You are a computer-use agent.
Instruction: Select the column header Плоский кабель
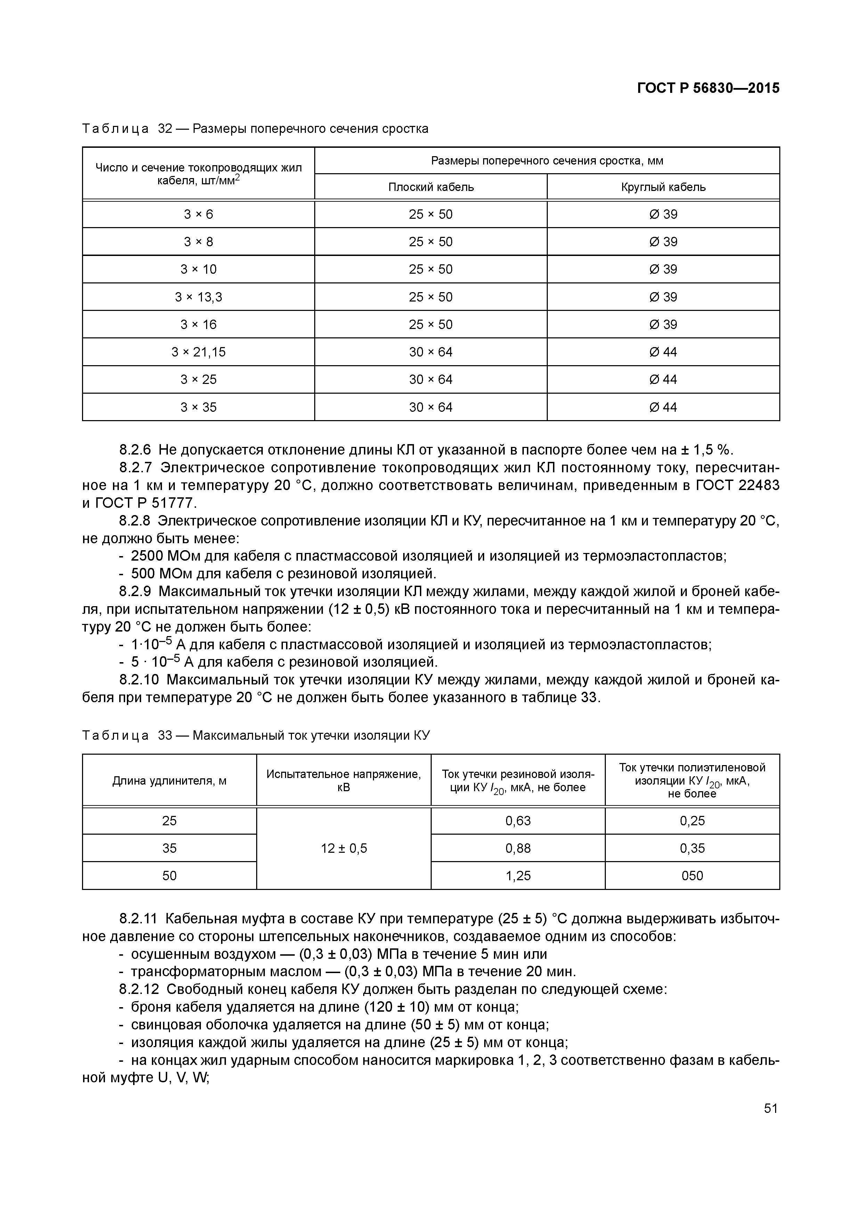point(431,187)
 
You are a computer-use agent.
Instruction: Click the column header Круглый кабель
point(664,187)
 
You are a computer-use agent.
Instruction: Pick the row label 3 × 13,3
point(198,297)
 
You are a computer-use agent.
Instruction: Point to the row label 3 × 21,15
point(198,352)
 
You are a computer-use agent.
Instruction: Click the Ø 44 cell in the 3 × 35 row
point(664,407)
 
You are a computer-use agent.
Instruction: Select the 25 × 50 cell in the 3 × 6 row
point(431,214)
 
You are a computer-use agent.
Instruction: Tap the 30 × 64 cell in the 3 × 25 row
point(431,379)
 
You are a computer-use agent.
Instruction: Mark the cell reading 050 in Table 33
point(692,876)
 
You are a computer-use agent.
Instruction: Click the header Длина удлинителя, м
point(169,780)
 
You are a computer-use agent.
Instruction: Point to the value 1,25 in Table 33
point(518,876)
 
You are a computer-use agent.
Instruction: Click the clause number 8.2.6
point(135,450)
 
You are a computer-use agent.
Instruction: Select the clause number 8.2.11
point(139,919)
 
